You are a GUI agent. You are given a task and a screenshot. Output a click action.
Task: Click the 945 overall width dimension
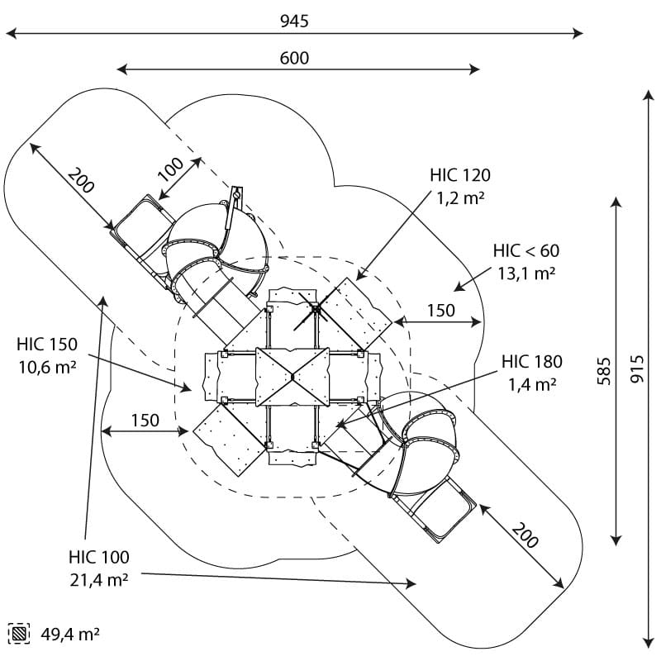tap(294, 21)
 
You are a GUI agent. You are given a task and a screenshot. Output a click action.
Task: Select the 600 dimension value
tap(294, 58)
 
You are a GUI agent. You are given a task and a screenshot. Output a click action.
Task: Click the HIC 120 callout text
tap(459, 175)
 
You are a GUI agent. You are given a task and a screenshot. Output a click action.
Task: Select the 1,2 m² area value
tap(459, 197)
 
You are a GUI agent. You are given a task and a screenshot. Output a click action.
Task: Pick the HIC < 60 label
tap(526, 251)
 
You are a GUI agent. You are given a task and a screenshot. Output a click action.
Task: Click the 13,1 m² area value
tap(526, 273)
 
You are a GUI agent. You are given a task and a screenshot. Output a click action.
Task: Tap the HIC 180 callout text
tap(532, 361)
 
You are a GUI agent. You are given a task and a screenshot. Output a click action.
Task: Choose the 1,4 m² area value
tap(532, 383)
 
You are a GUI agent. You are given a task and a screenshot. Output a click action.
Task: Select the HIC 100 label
tap(99, 557)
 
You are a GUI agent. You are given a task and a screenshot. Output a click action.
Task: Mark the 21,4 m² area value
tap(99, 580)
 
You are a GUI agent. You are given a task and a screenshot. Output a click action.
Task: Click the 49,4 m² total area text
tap(70, 635)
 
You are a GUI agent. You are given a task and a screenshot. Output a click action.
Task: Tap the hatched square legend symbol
tap(17, 634)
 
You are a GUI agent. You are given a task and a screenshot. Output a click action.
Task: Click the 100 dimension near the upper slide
tap(170, 169)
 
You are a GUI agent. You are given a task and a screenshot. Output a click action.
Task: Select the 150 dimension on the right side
tap(440, 310)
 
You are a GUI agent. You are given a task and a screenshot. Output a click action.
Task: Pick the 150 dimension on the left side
tap(145, 420)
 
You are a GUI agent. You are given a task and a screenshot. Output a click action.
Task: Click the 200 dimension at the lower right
tap(524, 535)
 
